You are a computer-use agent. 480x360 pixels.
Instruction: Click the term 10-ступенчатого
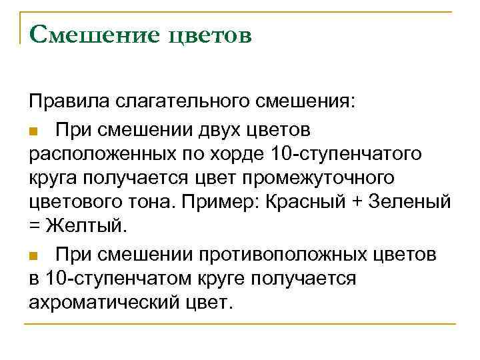tap(347, 154)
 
